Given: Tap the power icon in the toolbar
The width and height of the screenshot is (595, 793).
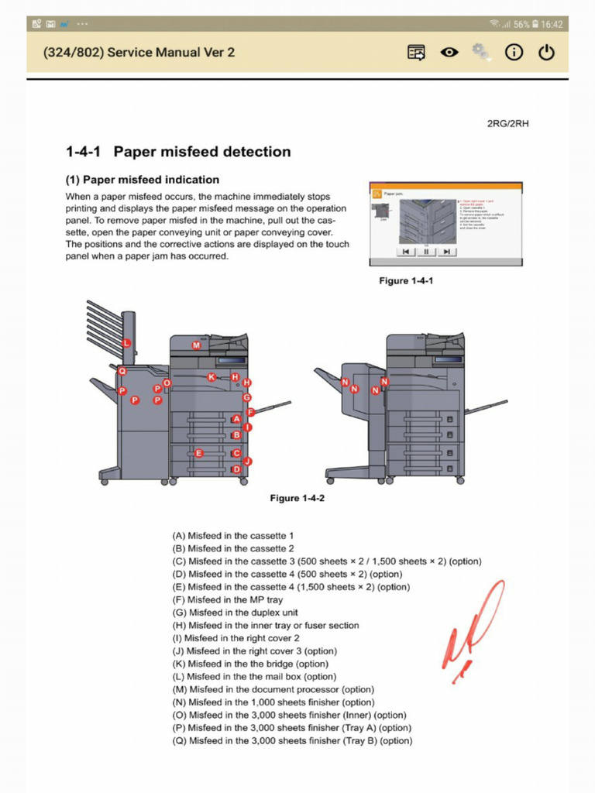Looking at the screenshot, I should (547, 53).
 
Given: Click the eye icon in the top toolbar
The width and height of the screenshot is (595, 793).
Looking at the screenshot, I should (449, 53).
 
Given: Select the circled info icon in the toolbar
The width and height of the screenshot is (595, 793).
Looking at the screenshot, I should (514, 53).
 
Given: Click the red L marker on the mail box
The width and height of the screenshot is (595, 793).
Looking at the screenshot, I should (127, 343).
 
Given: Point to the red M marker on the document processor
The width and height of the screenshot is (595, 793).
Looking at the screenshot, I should (196, 345).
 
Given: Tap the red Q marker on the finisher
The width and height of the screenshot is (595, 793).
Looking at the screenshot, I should (122, 372).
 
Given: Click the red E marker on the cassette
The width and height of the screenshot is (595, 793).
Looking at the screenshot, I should (199, 453).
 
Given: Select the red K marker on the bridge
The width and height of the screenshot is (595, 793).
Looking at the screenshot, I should (212, 377).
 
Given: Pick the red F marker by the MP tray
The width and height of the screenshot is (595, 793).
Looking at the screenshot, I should (250, 413).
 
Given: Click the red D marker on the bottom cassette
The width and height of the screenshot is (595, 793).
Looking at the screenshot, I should (236, 469).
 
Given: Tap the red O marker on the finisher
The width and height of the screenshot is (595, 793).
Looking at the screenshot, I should (167, 383).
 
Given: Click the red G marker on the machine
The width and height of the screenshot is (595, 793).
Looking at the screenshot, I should (247, 397).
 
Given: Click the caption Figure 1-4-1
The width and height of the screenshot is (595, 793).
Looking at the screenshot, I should (406, 280).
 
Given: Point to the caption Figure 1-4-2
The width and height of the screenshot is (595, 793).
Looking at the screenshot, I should (297, 498).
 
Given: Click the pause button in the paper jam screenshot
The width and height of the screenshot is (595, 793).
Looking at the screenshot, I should (426, 252).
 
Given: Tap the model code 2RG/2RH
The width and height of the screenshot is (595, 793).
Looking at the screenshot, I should (508, 123).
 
